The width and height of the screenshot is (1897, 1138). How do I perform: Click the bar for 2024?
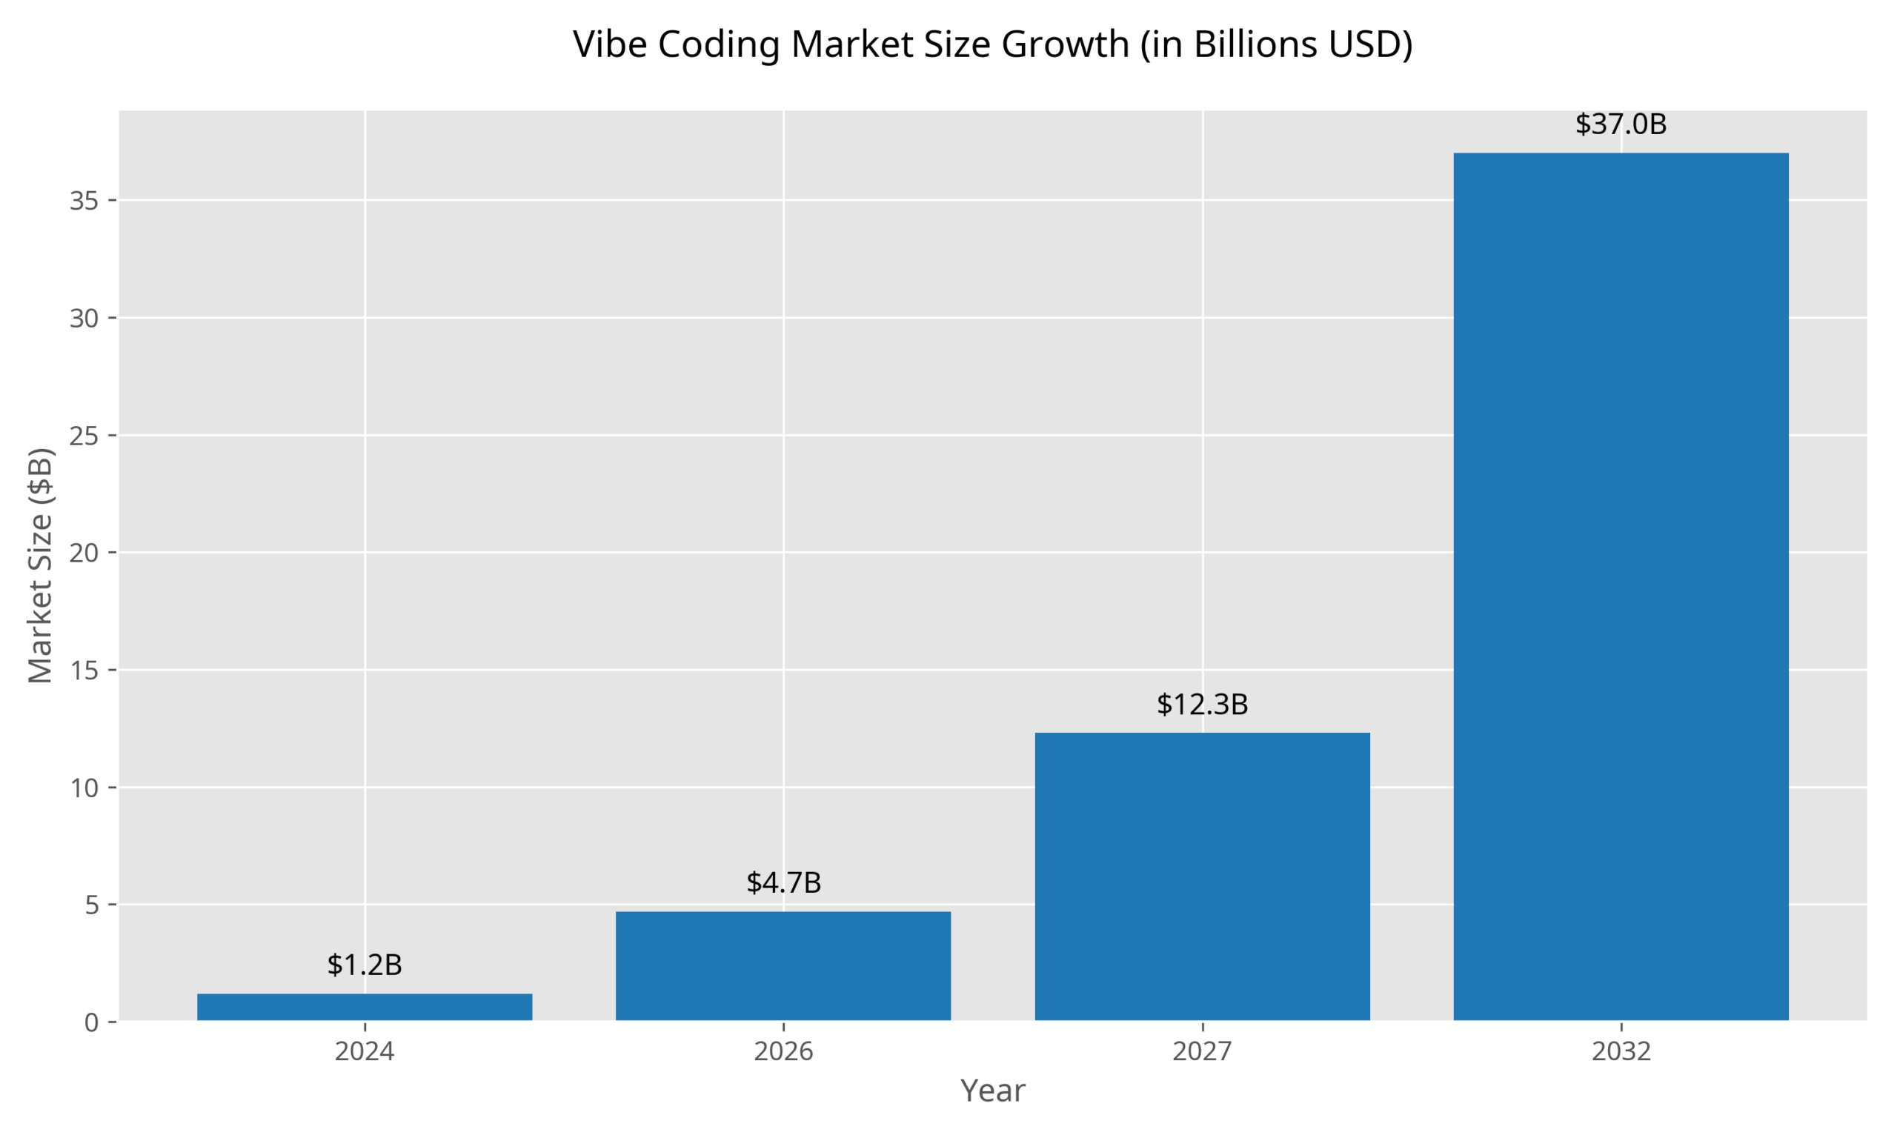coord(365,1007)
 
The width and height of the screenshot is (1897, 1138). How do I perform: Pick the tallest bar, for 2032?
coord(1620,587)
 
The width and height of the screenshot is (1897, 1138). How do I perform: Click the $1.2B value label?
coord(365,965)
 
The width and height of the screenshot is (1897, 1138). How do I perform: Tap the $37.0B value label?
coord(1620,124)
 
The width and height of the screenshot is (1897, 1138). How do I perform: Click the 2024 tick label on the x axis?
coord(365,1051)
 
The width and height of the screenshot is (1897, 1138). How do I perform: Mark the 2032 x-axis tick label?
coord(1620,1051)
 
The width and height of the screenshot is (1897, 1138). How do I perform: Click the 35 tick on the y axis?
coord(84,201)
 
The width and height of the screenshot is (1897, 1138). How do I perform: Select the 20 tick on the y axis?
coord(84,553)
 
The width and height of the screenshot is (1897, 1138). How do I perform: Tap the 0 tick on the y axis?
coord(92,1022)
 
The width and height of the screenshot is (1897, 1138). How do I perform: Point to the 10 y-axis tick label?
coord(84,788)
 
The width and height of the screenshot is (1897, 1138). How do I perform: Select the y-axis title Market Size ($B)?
coord(40,565)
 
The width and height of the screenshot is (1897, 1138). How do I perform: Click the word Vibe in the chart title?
coord(611,44)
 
